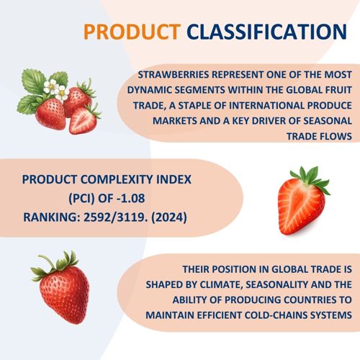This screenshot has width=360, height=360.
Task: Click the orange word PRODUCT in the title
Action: tap(132, 32)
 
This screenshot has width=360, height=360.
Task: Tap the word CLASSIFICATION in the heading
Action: tap(267, 32)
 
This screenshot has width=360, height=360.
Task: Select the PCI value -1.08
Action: tap(130, 198)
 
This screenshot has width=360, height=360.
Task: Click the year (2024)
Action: tap(169, 217)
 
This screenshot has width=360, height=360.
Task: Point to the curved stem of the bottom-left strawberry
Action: tap(49, 260)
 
